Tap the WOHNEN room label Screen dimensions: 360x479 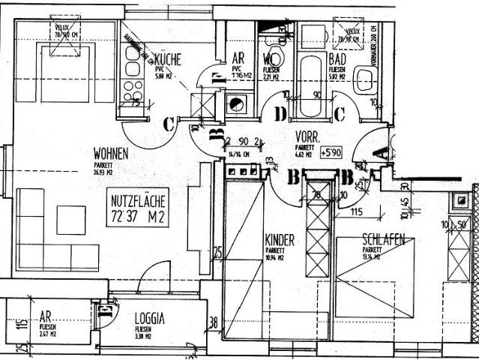(x=110, y=154)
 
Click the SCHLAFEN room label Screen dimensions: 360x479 (x=383, y=240)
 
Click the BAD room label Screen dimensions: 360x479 (x=337, y=58)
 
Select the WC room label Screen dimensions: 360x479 (x=271, y=58)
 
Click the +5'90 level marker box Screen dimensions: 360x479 (x=331, y=152)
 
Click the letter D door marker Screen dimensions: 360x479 (x=280, y=114)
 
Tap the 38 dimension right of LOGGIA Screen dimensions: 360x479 (x=214, y=324)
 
